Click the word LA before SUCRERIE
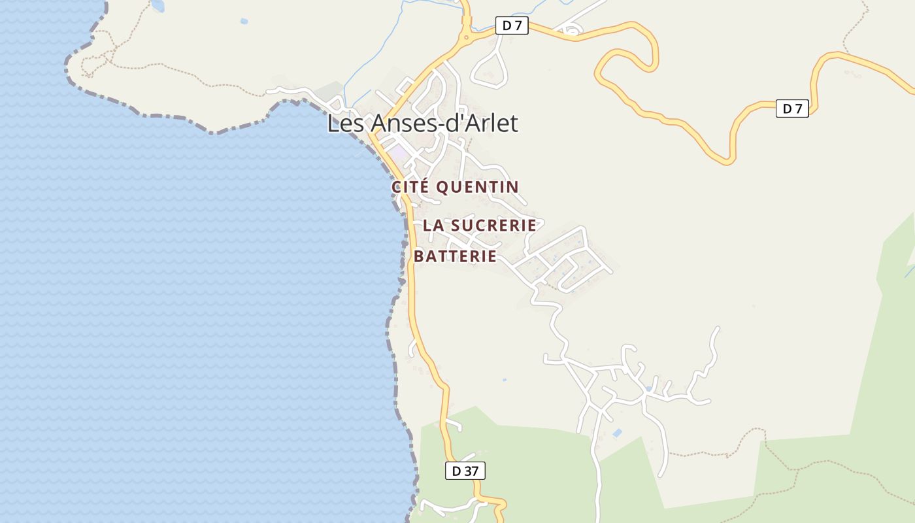coord(433,225)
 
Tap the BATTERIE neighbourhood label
coord(455,256)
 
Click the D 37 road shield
coord(465,471)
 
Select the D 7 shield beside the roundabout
coord(512,26)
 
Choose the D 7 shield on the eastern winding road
coord(792,109)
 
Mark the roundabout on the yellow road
coord(466,38)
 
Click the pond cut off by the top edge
coord(158,6)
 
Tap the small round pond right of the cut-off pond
coord(244,22)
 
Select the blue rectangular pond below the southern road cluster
coord(617,433)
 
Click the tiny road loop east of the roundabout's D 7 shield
coord(573,29)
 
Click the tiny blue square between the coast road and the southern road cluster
coord(504,379)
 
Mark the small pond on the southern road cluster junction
coord(648,388)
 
